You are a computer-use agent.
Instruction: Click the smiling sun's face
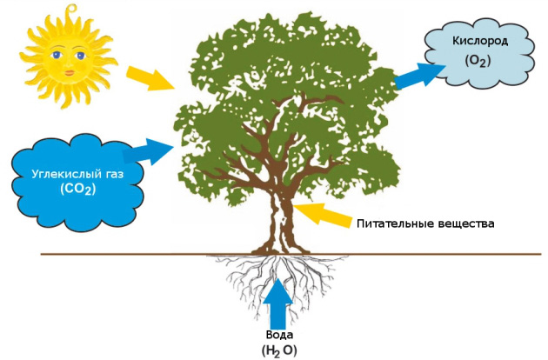[65, 54]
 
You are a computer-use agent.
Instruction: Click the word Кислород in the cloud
[479, 42]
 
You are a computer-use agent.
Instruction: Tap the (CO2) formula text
[77, 189]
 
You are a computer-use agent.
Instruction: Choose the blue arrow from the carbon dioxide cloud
[146, 153]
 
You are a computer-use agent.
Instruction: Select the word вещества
[464, 223]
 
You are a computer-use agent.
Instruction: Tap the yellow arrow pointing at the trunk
[322, 213]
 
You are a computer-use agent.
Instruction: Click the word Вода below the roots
[279, 335]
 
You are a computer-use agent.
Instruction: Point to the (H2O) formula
[279, 350]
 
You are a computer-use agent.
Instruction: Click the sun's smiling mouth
[65, 68]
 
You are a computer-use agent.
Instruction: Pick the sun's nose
[65, 59]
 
